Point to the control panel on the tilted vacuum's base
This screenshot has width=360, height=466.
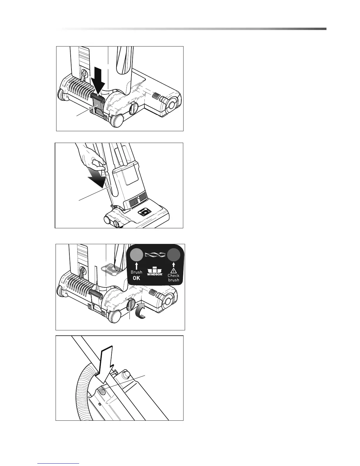coord(144,212)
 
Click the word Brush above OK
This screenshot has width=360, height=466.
coord(136,272)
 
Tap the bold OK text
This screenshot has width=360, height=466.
coord(136,278)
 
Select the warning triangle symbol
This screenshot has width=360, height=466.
coord(174,270)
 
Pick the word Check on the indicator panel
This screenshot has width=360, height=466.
coord(174,276)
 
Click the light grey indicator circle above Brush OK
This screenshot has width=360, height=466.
coord(136,254)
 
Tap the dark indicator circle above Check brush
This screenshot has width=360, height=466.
coord(174,254)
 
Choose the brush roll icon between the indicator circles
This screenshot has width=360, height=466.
coord(155,254)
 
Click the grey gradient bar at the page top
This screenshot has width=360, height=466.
coord(194,29)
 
